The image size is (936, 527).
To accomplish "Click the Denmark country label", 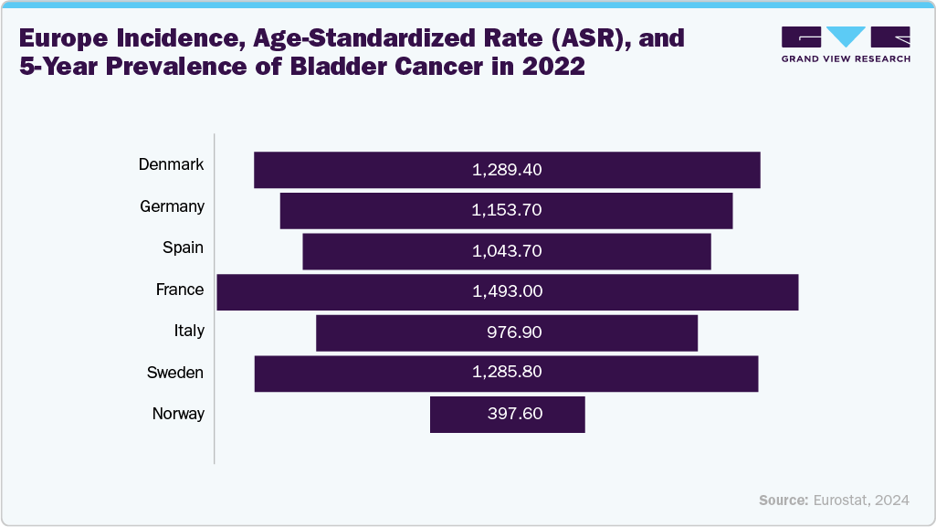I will pos(171,165).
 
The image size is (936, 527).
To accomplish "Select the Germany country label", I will pos(172,206).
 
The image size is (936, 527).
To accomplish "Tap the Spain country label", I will pos(183,248).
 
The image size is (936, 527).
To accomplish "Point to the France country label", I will pos(179,290).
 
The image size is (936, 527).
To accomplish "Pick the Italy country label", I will pos(189,331).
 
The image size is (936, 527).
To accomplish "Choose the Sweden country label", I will pos(175,373).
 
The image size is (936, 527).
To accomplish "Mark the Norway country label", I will pos(178,414).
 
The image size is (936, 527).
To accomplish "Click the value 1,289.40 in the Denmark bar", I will pos(507,170).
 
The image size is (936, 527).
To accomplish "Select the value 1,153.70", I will pos(507,210).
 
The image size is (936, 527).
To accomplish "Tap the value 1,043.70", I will pos(507,251).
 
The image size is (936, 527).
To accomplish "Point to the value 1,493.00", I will pos(507,292).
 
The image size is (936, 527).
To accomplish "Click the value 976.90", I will pos(514,333).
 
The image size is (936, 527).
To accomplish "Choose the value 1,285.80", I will pos(507,374).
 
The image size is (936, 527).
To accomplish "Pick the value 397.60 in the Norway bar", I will pos(515,414).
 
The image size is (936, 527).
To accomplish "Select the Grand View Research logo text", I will pos(846,58).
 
